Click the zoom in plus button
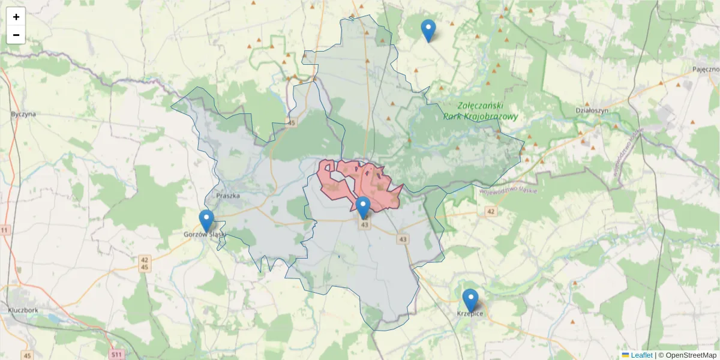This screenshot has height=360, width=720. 16,17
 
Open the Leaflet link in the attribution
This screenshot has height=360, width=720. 641,355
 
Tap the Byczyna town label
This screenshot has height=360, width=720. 23,113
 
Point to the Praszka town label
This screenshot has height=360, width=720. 228,195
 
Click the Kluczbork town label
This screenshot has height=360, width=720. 23,310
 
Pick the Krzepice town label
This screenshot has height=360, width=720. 470,314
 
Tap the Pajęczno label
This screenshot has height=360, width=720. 705,70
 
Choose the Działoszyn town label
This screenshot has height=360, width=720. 592,110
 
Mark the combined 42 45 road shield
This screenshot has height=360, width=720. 145,263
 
